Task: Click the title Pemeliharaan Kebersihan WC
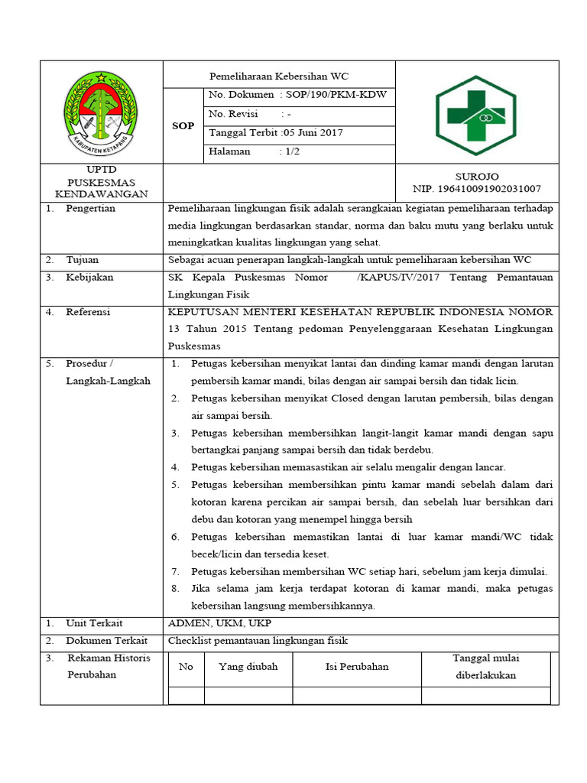(279, 76)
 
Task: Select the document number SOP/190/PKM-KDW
(336, 95)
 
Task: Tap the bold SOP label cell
(183, 125)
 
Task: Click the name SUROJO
(477, 177)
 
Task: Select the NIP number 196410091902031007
(477, 188)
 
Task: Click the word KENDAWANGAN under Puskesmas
(101, 194)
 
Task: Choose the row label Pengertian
(90, 209)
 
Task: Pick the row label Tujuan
(82, 260)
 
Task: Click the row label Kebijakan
(88, 278)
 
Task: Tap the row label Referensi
(88, 312)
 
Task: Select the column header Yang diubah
(248, 667)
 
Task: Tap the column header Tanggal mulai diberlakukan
(487, 667)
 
